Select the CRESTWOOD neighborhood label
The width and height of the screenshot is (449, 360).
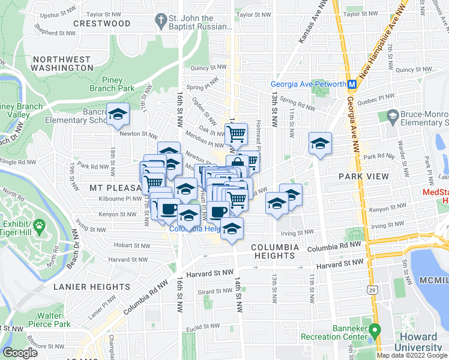[101, 23]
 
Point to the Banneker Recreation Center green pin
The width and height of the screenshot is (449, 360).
[375, 331]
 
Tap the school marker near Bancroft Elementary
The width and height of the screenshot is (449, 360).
[118, 113]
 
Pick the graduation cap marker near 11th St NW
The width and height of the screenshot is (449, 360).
[321, 143]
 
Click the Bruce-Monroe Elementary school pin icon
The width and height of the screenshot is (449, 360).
[393, 115]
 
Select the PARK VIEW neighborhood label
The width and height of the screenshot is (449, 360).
[363, 177]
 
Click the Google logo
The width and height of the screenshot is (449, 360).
[20, 353]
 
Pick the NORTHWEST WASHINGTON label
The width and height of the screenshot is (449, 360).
[63, 64]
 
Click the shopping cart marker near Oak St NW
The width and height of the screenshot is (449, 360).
[237, 133]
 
